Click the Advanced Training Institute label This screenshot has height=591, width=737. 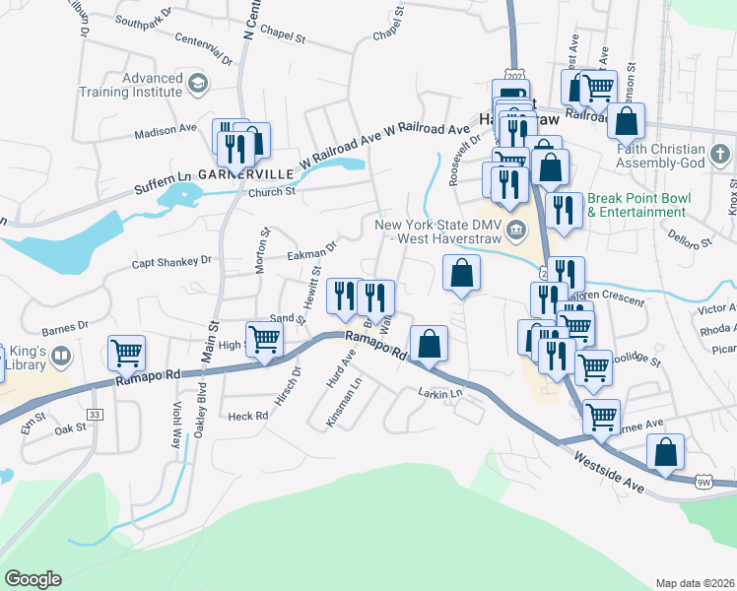pos(139,85)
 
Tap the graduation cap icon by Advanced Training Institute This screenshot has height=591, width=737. pos(197,85)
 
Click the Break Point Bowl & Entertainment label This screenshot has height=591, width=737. pos(639,205)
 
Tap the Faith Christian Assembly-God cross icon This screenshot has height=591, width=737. pos(720,154)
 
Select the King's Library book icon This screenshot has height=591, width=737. pos(61,356)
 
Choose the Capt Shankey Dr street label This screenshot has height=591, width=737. pos(172,262)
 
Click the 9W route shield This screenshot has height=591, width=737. pos(703,482)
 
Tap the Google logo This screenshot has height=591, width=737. pos(33,579)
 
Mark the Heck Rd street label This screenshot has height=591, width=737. pos(247,417)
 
